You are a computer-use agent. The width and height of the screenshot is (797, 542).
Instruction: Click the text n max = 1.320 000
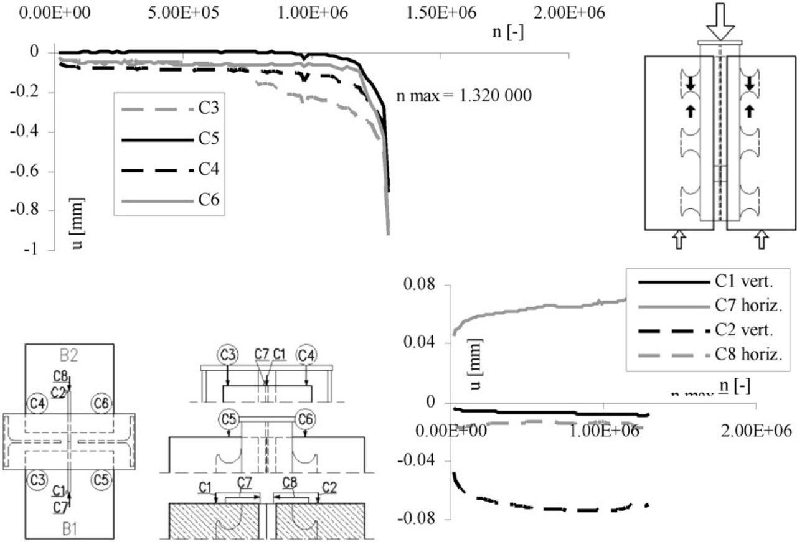tap(464, 98)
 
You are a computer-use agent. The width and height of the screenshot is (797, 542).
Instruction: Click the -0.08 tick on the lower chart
tap(416, 519)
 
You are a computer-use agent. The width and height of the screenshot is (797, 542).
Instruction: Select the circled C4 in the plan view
tap(37, 403)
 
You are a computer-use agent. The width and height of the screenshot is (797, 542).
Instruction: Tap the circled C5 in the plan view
tap(100, 479)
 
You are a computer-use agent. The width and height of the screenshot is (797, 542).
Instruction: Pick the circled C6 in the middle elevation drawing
tap(305, 419)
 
